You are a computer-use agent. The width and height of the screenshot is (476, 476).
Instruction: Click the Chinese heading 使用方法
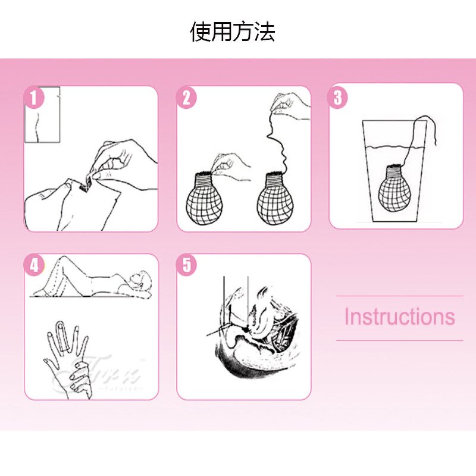click(233, 32)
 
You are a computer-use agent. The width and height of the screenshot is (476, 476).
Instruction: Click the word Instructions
click(399, 317)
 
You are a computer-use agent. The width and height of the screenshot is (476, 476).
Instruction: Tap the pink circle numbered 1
click(34, 97)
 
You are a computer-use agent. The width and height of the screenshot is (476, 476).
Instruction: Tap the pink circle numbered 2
click(186, 97)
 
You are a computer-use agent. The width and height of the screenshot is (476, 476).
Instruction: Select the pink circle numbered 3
click(338, 97)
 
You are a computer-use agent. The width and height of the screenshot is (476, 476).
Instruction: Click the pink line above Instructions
click(399, 296)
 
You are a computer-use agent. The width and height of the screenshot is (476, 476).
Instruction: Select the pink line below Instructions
click(399, 340)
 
